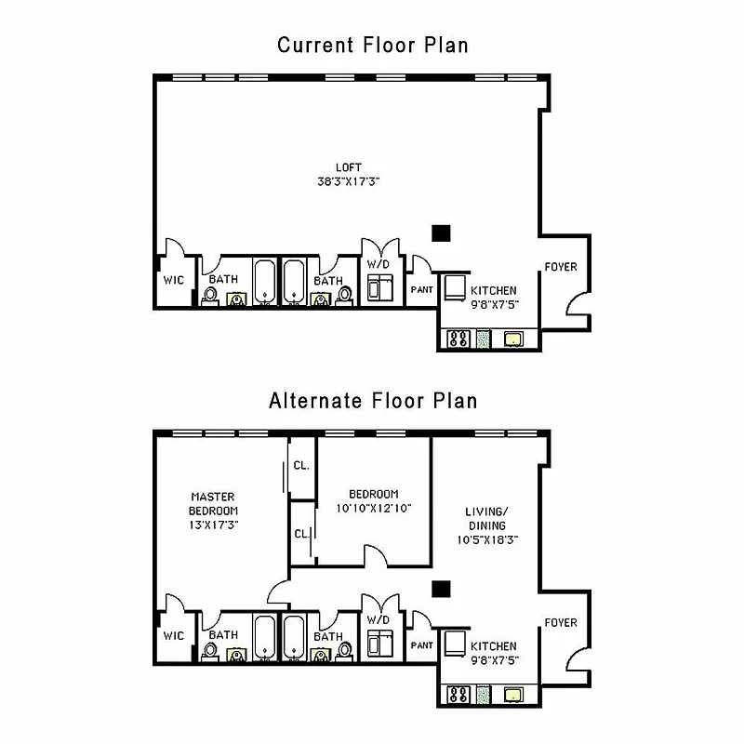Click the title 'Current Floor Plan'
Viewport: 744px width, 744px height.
pyautogui.click(x=372, y=45)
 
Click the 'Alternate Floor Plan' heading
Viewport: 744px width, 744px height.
pyautogui.click(x=372, y=402)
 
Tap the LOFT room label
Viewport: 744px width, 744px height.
pyautogui.click(x=349, y=167)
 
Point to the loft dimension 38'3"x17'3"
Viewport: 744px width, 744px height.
pyautogui.click(x=349, y=182)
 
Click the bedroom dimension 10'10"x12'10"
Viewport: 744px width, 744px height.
pyautogui.click(x=374, y=508)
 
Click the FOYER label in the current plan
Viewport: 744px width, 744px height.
pyautogui.click(x=560, y=267)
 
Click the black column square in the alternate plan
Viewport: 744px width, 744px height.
pyautogui.click(x=441, y=587)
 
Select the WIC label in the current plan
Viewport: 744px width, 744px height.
pyautogui.click(x=174, y=279)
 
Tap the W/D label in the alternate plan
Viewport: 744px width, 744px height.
pyautogui.click(x=378, y=619)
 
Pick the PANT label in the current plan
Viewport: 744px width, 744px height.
pyautogui.click(x=421, y=289)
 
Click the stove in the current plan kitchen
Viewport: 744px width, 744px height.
pyautogui.click(x=458, y=339)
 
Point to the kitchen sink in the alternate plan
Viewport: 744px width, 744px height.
pyautogui.click(x=513, y=695)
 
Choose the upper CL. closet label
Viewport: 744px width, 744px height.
pyautogui.click(x=301, y=465)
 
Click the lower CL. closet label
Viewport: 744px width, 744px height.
pyautogui.click(x=301, y=533)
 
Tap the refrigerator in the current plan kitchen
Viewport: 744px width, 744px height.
pyautogui.click(x=455, y=287)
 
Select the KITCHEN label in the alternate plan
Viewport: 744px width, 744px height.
pyautogui.click(x=493, y=646)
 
